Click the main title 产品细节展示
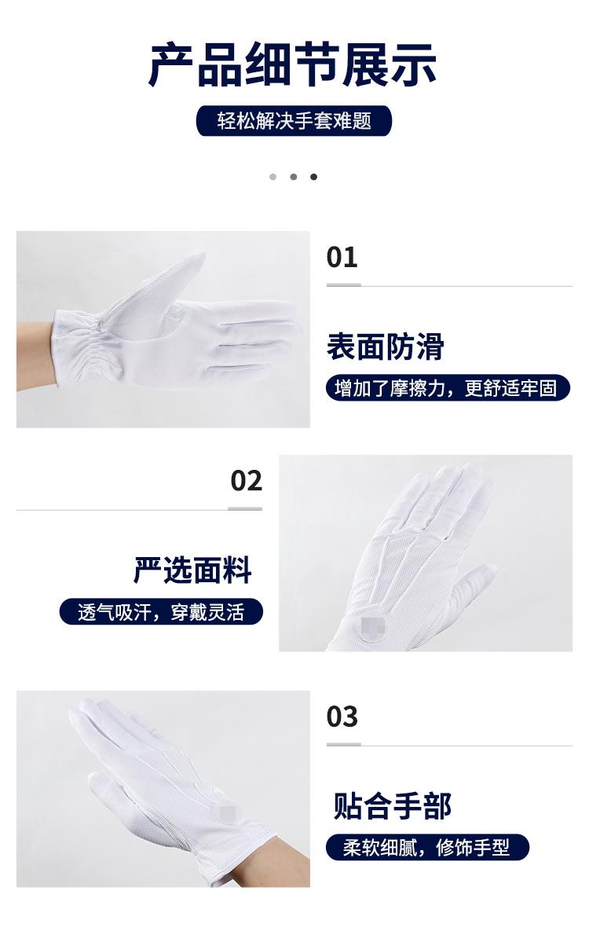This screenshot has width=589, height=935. tap(293, 64)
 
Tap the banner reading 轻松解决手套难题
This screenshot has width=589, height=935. tap(294, 121)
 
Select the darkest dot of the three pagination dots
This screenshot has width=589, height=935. tap(313, 177)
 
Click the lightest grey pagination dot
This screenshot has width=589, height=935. tap(273, 177)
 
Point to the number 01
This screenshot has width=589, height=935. tap(342, 258)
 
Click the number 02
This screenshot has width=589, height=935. tap(247, 481)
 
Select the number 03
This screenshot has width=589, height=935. tap(342, 717)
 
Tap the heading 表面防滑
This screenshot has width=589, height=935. tap(385, 346)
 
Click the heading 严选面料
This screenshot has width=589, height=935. tap(192, 570)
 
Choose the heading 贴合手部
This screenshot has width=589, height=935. tap(392, 806)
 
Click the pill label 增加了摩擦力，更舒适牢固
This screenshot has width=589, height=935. tap(448, 388)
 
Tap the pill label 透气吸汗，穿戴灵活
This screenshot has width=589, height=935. tap(161, 612)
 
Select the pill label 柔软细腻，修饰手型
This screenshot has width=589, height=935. tap(427, 847)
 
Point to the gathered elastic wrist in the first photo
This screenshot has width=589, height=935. tap(78, 349)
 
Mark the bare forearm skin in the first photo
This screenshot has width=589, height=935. tap(35, 356)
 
